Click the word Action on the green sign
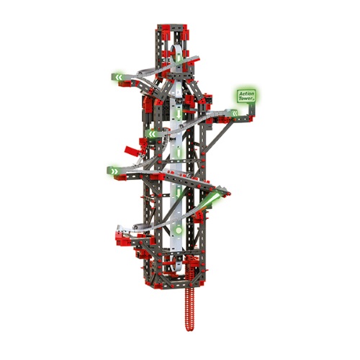tap(246, 94)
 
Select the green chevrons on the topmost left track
tap(119, 77)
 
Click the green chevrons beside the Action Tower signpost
tap(234, 113)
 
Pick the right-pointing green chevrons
tap(114, 171)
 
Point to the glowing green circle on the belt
tap(179, 230)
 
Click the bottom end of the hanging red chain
tap(189, 330)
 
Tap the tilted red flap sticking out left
tap(132, 150)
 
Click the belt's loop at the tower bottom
tap(176, 268)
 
